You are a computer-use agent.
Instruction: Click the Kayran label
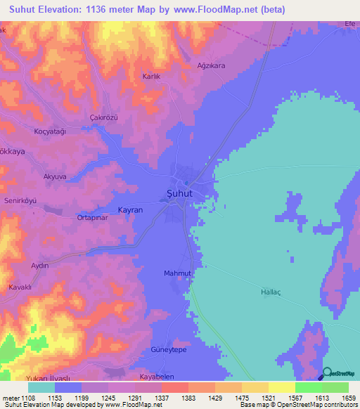tap(130, 210)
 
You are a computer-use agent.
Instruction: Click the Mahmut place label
tap(177, 273)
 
